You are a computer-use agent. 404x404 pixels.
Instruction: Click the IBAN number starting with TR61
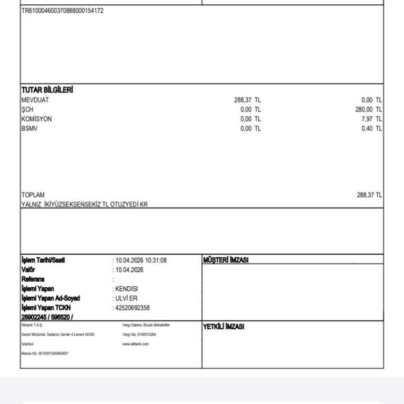(x=62, y=11)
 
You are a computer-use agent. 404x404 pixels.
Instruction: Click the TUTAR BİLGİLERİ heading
(x=47, y=90)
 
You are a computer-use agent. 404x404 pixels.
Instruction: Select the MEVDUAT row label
(x=35, y=100)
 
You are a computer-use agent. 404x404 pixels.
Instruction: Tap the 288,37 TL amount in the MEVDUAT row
(x=247, y=100)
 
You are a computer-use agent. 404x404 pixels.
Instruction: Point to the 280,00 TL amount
(x=368, y=109)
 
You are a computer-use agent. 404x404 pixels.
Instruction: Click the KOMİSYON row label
(x=36, y=119)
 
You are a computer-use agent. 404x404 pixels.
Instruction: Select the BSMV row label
(x=29, y=128)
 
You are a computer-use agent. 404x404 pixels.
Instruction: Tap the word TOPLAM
(x=33, y=195)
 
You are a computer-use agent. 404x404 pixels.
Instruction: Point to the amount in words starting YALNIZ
(x=84, y=204)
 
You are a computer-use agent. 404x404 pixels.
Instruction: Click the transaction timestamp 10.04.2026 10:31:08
(x=141, y=260)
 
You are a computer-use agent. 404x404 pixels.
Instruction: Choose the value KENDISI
(x=127, y=289)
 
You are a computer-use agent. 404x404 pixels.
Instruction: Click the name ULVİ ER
(x=126, y=298)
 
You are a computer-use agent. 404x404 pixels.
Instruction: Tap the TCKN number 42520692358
(x=133, y=308)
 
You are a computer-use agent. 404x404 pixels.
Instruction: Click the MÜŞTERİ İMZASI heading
(x=226, y=260)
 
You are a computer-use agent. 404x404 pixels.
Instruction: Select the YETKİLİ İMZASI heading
(x=224, y=327)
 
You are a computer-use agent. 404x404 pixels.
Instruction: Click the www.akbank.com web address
(x=136, y=344)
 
